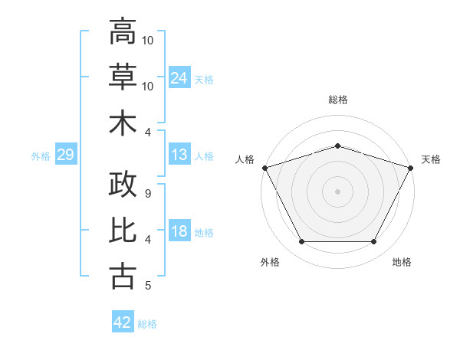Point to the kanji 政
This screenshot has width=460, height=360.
pyautogui.click(x=122, y=185)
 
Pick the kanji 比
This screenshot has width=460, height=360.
pyautogui.click(x=122, y=231)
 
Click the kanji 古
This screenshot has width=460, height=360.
pyautogui.click(x=122, y=276)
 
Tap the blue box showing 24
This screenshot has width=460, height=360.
pyautogui.click(x=179, y=77)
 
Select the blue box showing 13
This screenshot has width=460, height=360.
pyautogui.click(x=179, y=155)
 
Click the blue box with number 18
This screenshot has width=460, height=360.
pyautogui.click(x=179, y=232)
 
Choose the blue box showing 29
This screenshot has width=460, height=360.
pyautogui.click(x=65, y=155)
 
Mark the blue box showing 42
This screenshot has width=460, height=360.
pyautogui.click(x=123, y=323)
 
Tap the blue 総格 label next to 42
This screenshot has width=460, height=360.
pyautogui.click(x=147, y=324)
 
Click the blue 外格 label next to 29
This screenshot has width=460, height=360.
pyautogui.click(x=41, y=156)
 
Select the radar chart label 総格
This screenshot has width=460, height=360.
pyautogui.click(x=337, y=100)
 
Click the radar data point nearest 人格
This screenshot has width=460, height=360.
pyautogui.click(x=264, y=168)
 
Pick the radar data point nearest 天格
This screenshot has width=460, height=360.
pyautogui.click(x=411, y=168)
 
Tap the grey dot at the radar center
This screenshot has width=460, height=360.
pyautogui.click(x=337, y=191)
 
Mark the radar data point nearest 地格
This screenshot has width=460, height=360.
pyautogui.click(x=374, y=242)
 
